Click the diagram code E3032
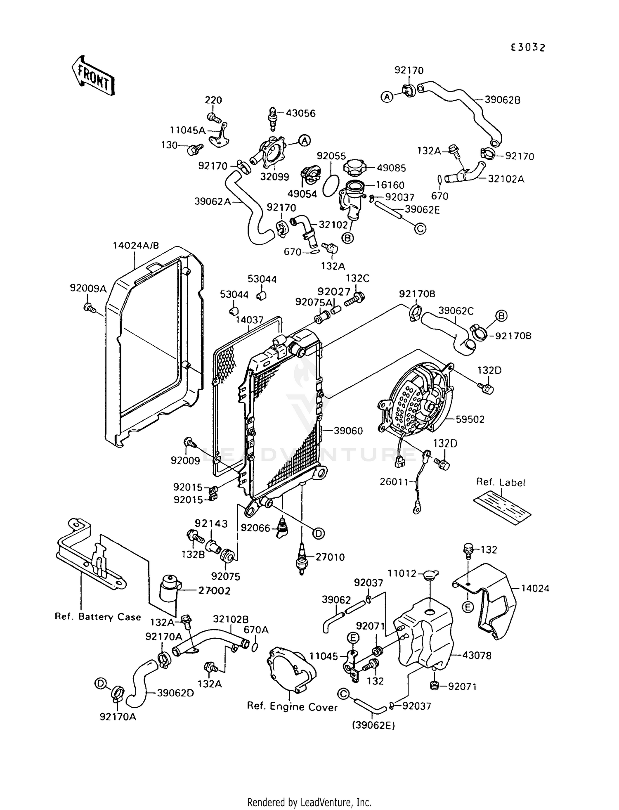[528, 47]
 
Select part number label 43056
[300, 113]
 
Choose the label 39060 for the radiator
[348, 431]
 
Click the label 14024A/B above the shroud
[136, 246]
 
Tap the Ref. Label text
[501, 482]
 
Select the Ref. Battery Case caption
[98, 617]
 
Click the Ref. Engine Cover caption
[292, 706]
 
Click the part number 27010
[330, 557]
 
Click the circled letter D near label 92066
[318, 533]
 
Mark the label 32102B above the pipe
[231, 619]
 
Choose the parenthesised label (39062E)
[373, 725]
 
